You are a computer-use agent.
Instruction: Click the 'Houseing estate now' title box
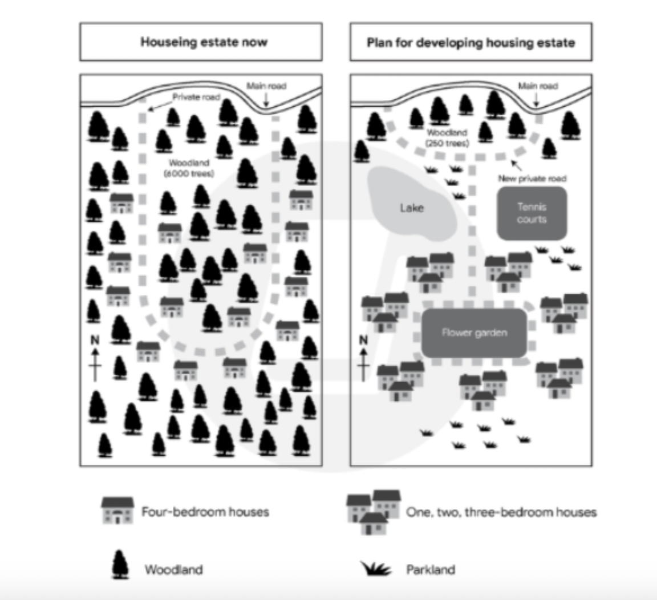(201, 42)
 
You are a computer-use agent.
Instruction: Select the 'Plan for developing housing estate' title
(471, 43)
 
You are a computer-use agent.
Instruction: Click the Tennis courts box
(532, 213)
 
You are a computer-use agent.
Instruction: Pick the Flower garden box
(474, 333)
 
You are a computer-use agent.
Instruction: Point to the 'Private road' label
(197, 97)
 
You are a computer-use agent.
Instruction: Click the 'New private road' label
(532, 179)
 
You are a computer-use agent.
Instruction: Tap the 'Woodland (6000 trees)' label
(189, 168)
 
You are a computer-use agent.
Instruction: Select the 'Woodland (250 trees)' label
(447, 138)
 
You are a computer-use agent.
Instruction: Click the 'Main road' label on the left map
(266, 86)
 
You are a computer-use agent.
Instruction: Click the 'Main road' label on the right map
(538, 86)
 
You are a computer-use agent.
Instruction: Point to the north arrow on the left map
(95, 359)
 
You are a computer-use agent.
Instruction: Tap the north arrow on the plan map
(363, 359)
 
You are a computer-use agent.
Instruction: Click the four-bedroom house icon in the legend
(117, 510)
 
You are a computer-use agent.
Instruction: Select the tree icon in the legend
(120, 565)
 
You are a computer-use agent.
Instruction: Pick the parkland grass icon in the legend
(376, 569)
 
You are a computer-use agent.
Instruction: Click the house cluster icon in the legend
(374, 512)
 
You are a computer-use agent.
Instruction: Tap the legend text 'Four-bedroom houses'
(205, 512)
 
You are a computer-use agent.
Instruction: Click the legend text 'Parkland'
(431, 570)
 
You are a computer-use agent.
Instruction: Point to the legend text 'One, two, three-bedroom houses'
(501, 512)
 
